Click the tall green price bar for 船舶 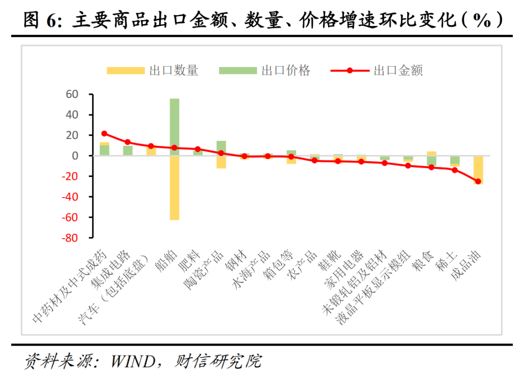pyautogui.click(x=174, y=127)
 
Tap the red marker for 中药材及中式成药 pyautogui.click(x=104, y=133)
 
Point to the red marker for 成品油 pyautogui.click(x=478, y=181)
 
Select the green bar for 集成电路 pyautogui.click(x=128, y=151)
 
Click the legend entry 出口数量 pyautogui.click(x=152, y=71)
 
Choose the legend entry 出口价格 pyautogui.click(x=264, y=71)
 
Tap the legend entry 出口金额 pyautogui.click(x=376, y=71)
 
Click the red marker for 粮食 pyautogui.click(x=431, y=167)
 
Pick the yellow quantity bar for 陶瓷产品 pyautogui.click(x=221, y=162)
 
